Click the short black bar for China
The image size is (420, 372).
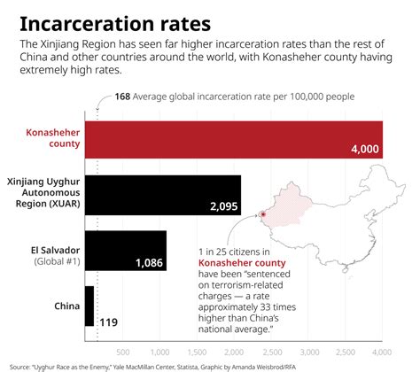pyautogui.click(x=89, y=307)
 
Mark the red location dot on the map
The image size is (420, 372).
pyautogui.click(x=263, y=214)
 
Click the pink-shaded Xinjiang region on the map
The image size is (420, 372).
pyautogui.click(x=288, y=208)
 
